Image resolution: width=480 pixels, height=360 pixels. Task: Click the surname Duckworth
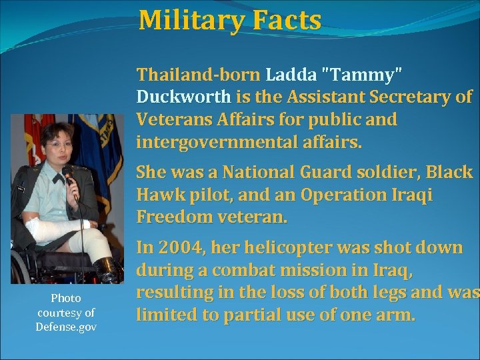click(x=183, y=97)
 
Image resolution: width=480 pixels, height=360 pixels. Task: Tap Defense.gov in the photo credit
click(x=66, y=327)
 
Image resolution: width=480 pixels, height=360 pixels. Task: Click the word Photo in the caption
click(x=66, y=298)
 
